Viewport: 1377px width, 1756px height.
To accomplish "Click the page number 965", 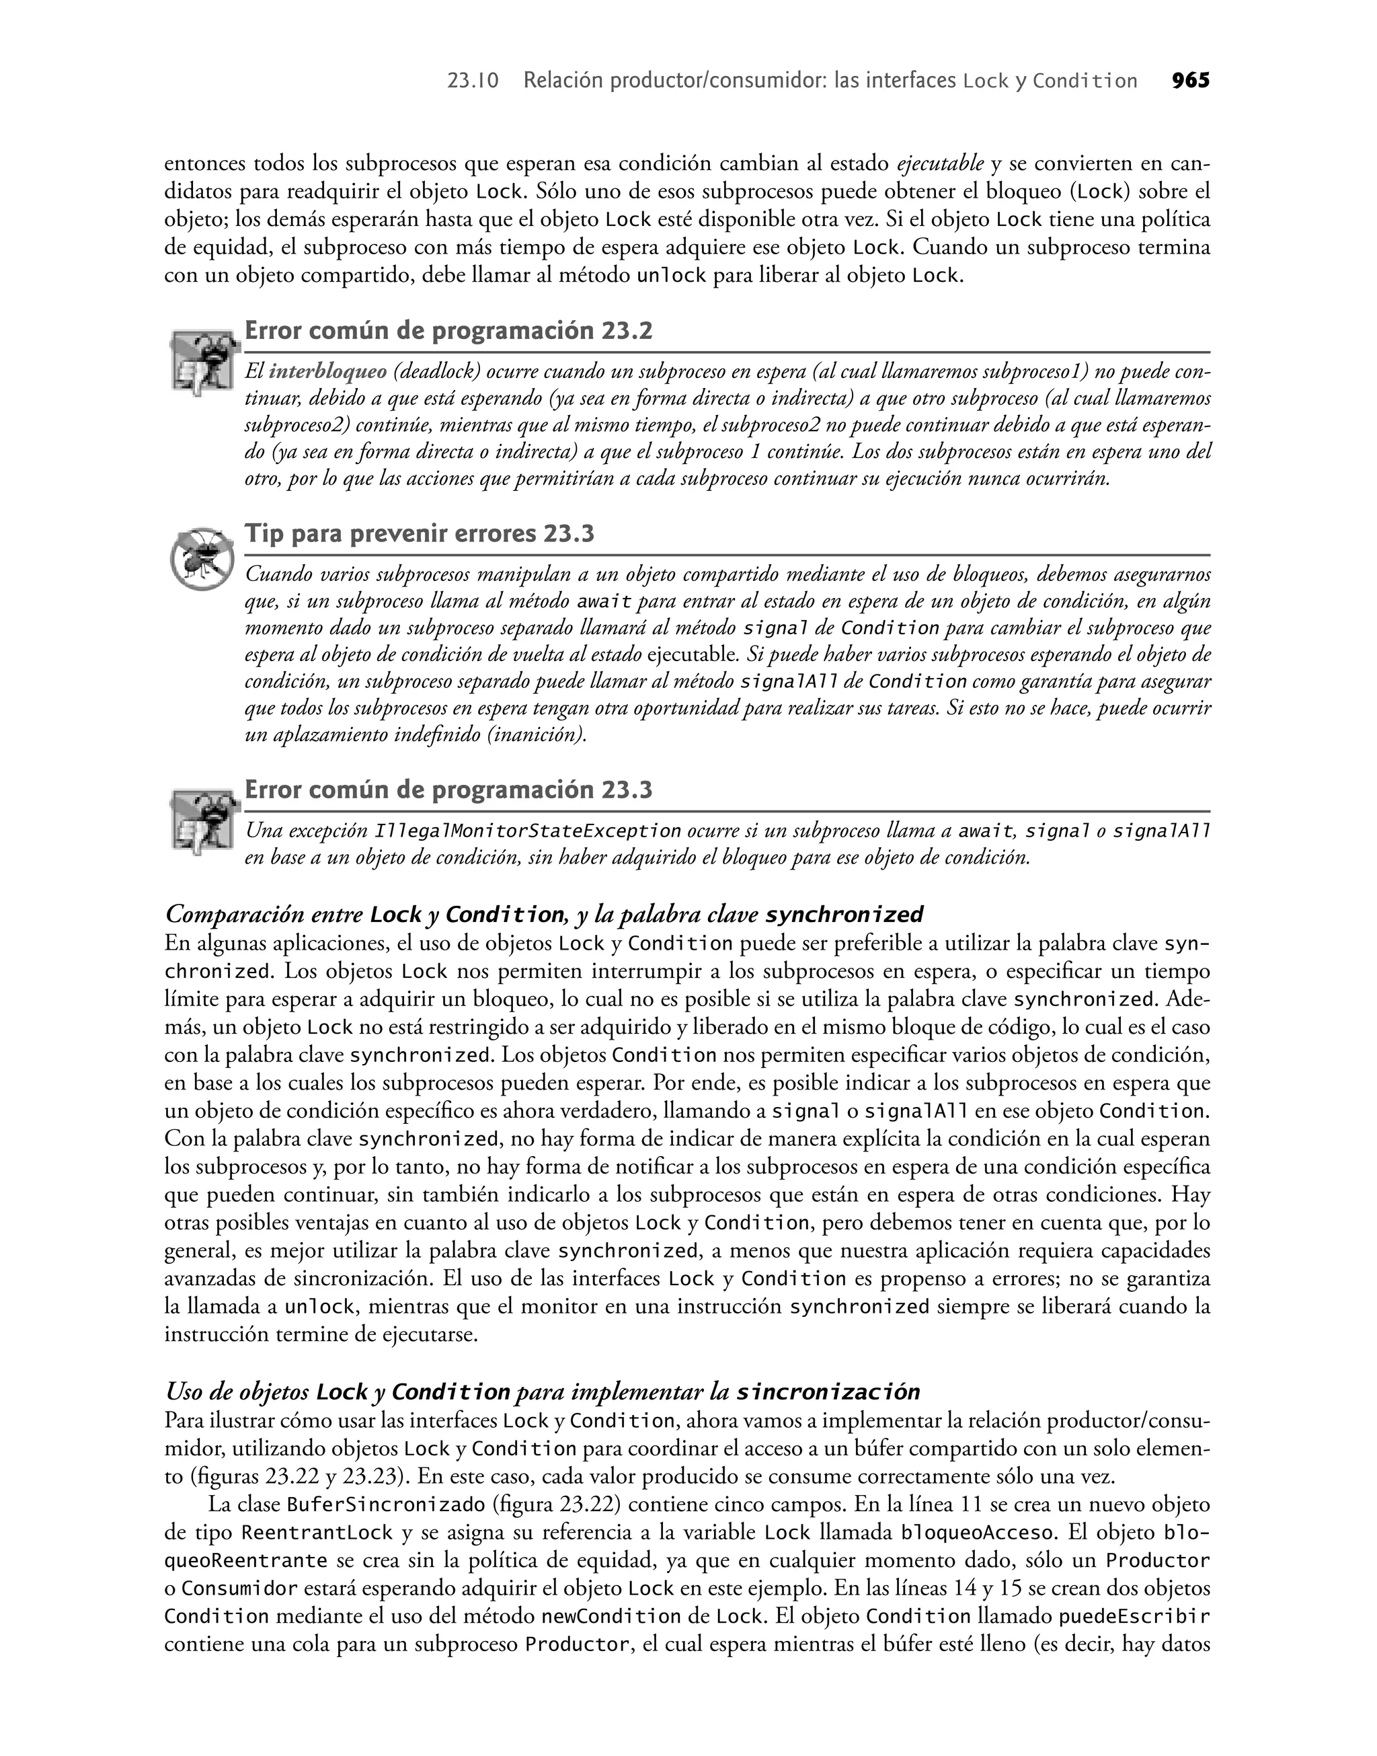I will tap(1190, 81).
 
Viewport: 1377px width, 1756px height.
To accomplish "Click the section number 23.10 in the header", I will tap(473, 81).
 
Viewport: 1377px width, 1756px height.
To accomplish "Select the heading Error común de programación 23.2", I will tap(448, 331).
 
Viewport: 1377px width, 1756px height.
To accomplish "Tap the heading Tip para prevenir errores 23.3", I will tap(420, 534).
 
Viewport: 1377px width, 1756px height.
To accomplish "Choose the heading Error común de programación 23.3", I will tap(448, 790).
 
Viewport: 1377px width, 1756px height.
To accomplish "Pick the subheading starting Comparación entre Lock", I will tap(544, 913).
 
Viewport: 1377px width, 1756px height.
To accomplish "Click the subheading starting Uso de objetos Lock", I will tap(542, 1392).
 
